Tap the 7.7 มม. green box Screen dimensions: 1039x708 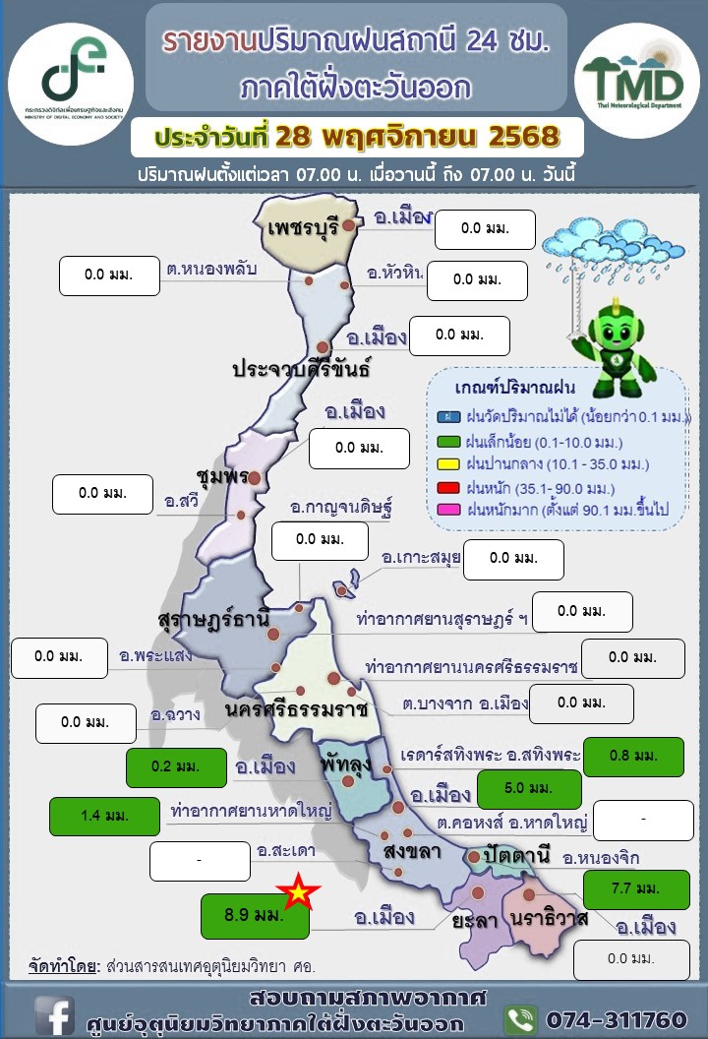click(635, 889)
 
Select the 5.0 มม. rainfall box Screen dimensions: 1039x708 click(528, 789)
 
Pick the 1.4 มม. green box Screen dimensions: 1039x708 click(104, 816)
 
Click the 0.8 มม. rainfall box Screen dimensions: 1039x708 click(633, 756)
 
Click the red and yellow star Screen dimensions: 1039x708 click(298, 892)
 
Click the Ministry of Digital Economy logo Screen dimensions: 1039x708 click(70, 71)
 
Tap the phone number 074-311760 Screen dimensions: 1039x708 click(616, 1018)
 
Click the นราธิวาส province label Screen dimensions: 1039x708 click(550, 918)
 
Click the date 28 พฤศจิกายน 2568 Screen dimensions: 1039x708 click(417, 135)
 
